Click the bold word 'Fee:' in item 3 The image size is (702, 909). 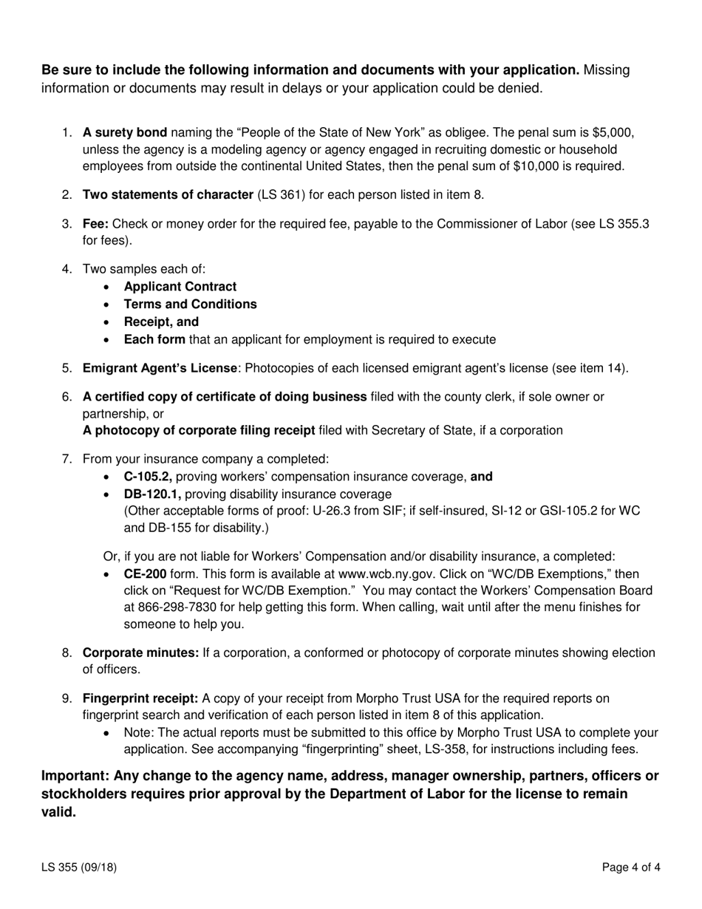click(96, 224)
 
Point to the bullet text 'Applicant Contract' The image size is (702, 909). click(180, 287)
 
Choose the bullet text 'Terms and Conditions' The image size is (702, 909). click(191, 304)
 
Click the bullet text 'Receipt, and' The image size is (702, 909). click(161, 322)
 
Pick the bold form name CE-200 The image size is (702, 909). click(145, 574)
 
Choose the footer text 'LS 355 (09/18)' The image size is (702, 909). click(79, 868)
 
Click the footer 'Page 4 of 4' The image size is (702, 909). click(631, 868)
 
